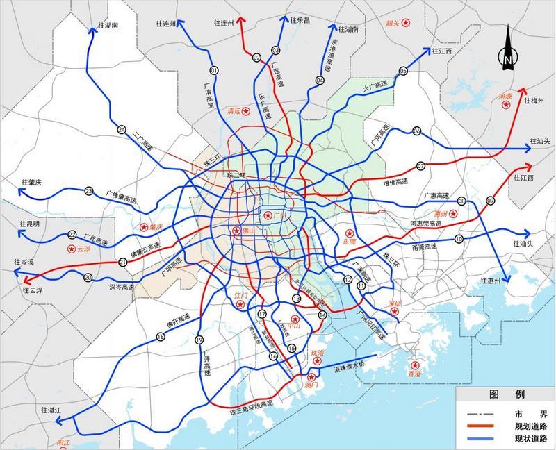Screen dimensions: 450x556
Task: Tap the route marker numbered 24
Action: point(122,130)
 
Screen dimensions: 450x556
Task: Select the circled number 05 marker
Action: point(403,71)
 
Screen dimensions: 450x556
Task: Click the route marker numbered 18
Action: point(161,337)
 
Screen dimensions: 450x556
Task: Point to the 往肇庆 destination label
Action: point(28,182)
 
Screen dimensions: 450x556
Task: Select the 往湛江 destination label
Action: point(52,410)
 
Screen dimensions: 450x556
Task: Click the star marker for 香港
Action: point(416,365)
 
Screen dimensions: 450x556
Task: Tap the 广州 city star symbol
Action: point(268,216)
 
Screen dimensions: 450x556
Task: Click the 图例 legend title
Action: point(505,393)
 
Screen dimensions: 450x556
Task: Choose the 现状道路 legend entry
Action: point(530,439)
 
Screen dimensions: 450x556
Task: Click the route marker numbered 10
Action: point(459,240)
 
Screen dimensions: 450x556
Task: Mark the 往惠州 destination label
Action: point(496,281)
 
